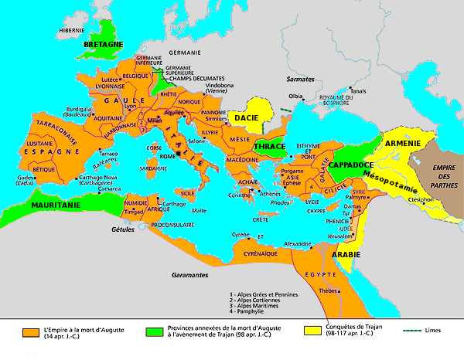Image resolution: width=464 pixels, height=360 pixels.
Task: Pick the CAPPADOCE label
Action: click(x=350, y=164)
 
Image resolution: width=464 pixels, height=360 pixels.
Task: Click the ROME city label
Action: click(x=169, y=157)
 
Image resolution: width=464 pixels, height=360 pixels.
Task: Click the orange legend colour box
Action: click(x=32, y=331)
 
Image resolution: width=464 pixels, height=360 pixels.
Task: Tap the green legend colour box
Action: click(x=152, y=331)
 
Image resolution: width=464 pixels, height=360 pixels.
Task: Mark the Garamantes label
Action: click(x=189, y=275)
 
